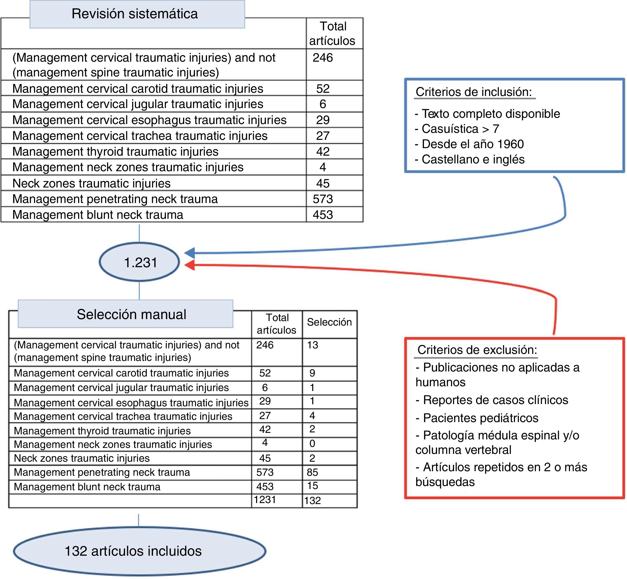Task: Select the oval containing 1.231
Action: pyautogui.click(x=140, y=262)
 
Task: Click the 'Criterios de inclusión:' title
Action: pyautogui.click(x=474, y=92)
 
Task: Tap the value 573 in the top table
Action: pyautogui.click(x=323, y=199)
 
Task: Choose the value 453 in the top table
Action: pyautogui.click(x=323, y=215)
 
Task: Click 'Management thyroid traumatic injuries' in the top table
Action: pyautogui.click(x=115, y=152)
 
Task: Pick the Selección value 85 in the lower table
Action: pyautogui.click(x=312, y=472)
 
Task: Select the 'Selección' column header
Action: pyautogui.click(x=329, y=322)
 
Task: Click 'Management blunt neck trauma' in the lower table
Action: pyautogui.click(x=87, y=487)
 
